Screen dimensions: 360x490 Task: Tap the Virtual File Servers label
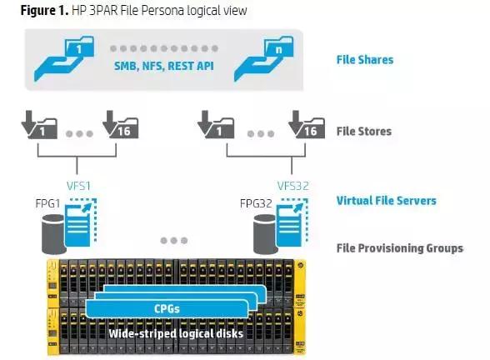386,201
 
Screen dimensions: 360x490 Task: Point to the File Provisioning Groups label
399,248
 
